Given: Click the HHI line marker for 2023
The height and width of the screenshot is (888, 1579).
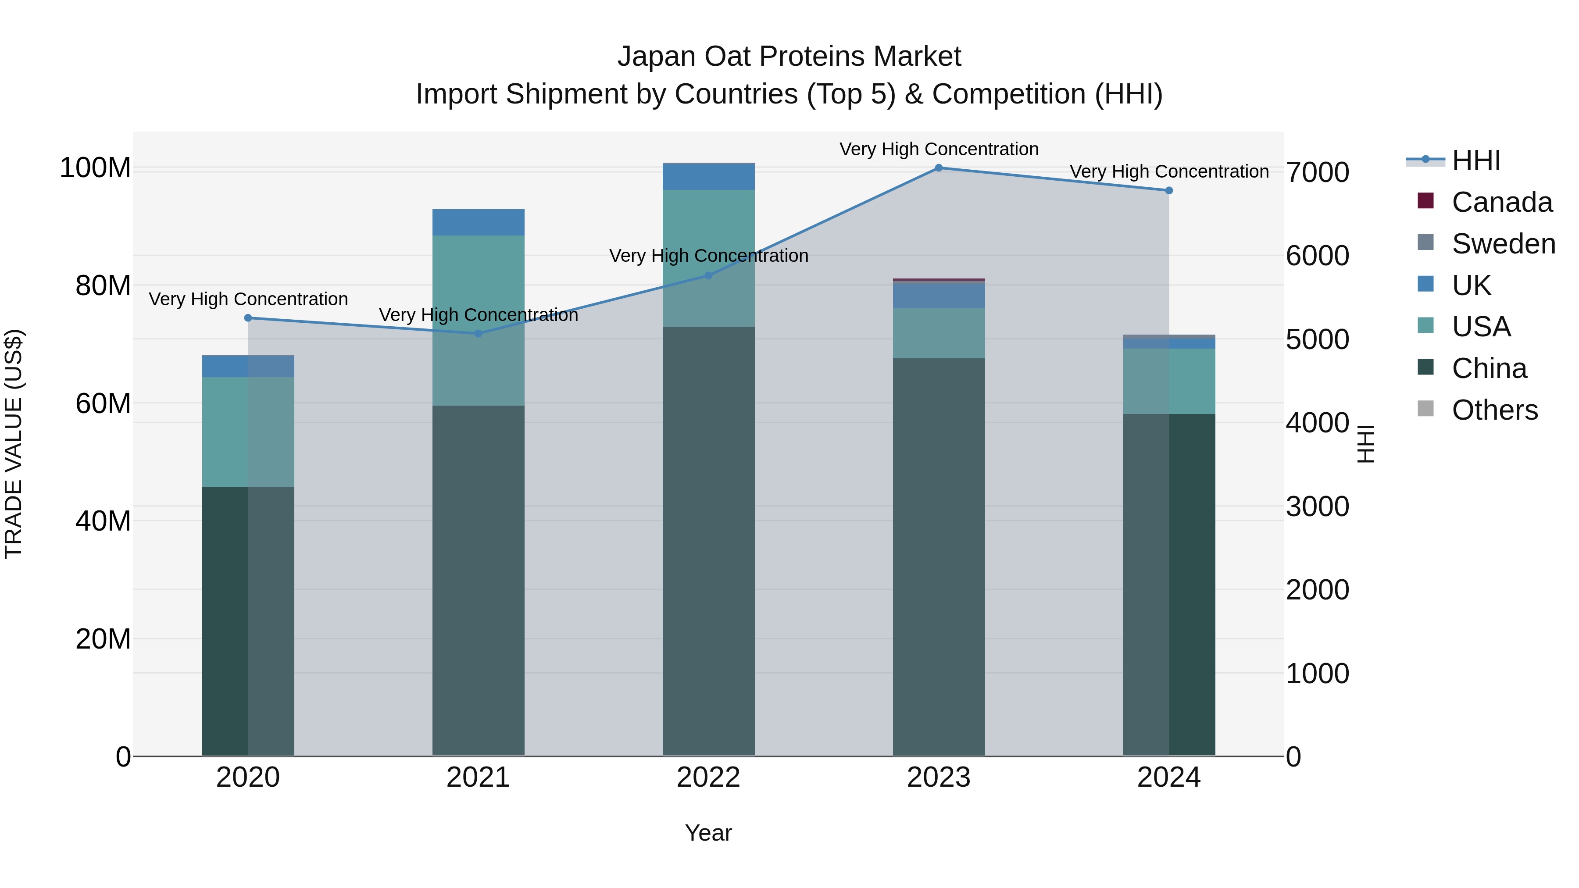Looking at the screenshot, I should [x=939, y=168].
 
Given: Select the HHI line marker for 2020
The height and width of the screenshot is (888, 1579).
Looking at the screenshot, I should [x=248, y=318].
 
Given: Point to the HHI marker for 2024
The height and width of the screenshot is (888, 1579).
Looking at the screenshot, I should [x=1169, y=191].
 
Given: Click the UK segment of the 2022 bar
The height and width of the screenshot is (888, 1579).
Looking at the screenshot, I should [x=709, y=176].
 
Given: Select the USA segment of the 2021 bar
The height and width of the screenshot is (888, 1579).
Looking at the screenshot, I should [x=478, y=320].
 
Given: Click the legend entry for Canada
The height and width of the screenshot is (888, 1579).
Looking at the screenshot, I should [x=1502, y=202].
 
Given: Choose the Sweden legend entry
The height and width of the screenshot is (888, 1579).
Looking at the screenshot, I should [x=1503, y=244].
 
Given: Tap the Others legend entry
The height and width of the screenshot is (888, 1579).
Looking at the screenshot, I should [x=1494, y=410].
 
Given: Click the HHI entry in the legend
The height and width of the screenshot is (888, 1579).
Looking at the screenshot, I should [x=1476, y=160].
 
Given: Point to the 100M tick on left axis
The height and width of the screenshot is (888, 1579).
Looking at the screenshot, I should [x=95, y=168].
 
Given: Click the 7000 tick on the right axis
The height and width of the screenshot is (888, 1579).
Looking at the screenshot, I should [x=1317, y=172].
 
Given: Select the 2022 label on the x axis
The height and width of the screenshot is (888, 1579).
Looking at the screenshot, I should [x=709, y=777].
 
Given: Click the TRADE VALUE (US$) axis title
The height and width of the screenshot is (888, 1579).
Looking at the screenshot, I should [x=14, y=444].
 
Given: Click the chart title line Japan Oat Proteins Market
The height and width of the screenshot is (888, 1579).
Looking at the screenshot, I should [x=789, y=57].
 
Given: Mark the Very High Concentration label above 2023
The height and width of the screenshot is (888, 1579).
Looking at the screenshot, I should [x=939, y=149].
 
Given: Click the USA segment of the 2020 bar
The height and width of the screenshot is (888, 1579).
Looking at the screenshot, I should [x=248, y=432].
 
